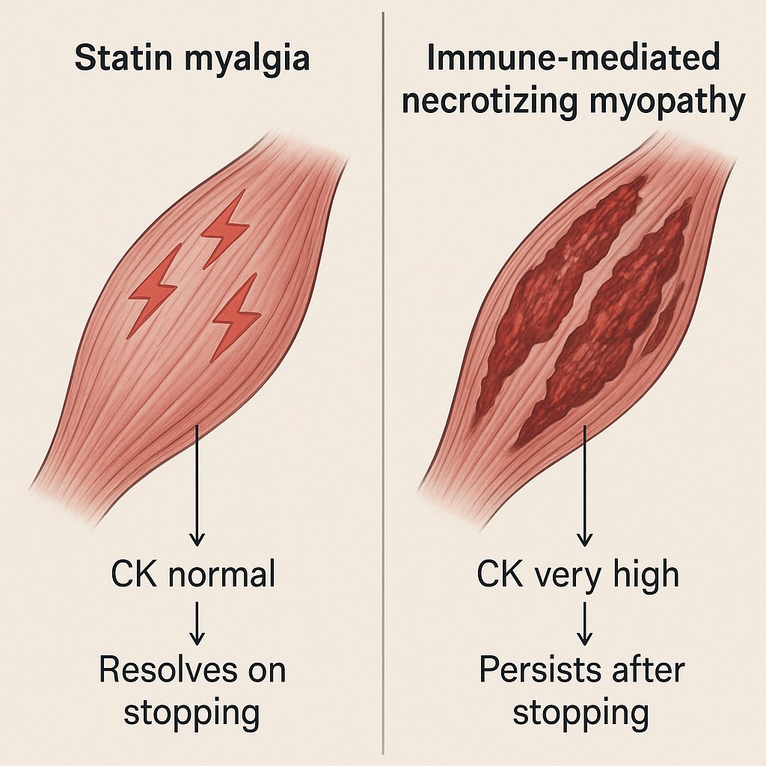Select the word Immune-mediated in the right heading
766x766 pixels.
(x=574, y=58)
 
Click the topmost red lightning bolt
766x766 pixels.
(x=224, y=228)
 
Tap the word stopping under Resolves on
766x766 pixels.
(x=191, y=712)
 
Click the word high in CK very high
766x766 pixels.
(x=643, y=575)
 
